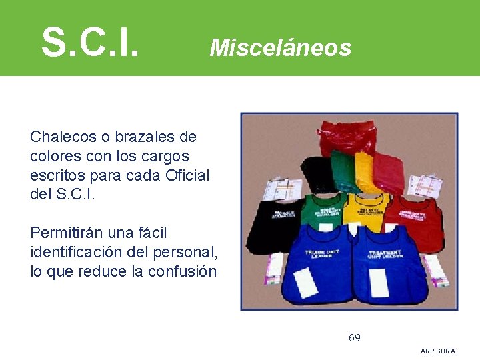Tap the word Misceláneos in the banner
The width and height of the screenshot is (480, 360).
(280, 47)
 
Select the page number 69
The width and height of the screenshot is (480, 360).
(355, 338)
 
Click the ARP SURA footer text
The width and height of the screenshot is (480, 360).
(438, 351)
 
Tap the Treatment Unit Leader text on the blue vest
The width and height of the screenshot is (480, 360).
(385, 255)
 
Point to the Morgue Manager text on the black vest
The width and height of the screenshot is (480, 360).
(284, 215)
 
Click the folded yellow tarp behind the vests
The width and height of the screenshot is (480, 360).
(365, 172)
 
